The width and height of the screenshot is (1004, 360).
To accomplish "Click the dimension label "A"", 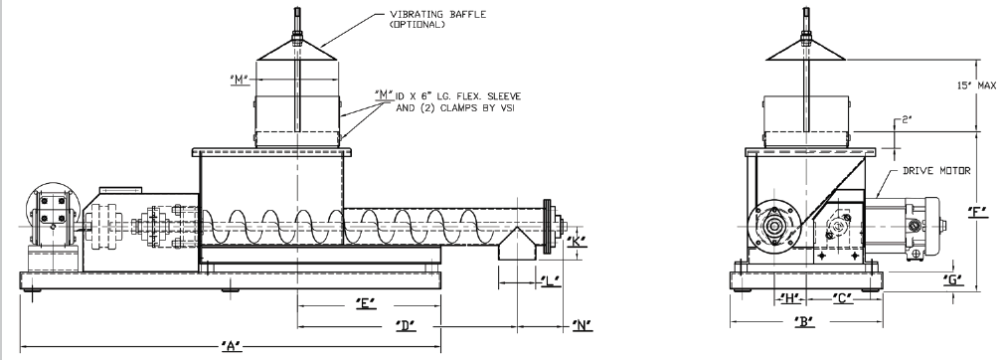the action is [232, 346].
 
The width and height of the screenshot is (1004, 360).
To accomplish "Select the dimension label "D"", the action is [406, 325].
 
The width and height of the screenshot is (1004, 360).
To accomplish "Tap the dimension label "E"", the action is [365, 303].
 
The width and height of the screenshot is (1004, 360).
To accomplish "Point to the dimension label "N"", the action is [583, 325].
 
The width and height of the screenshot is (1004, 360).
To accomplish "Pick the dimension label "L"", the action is [551, 281].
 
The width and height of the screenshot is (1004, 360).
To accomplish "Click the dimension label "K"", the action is [577, 242].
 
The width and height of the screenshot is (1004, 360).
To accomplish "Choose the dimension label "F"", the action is [978, 212].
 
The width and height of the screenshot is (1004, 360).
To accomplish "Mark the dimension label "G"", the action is [954, 279].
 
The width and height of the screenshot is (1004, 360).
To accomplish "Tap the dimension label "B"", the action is [804, 321].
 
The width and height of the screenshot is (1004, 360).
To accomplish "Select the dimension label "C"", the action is [843, 298].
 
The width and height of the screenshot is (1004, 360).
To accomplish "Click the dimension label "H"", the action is [789, 298].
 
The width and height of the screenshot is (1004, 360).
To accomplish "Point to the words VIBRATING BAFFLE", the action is [438, 14].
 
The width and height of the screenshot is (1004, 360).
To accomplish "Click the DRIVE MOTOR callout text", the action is [936, 171].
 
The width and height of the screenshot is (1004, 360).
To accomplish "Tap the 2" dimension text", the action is [906, 119].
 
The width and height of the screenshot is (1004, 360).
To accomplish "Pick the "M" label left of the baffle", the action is [240, 80].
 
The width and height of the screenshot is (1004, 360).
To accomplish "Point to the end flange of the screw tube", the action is [548, 228].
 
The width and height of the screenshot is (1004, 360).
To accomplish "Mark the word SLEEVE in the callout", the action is [503, 96].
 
